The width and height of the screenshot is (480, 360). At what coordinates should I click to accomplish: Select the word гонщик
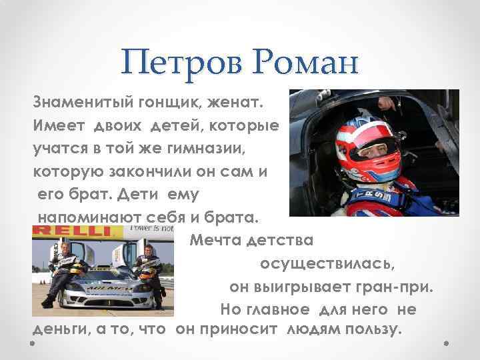(x=161, y=104)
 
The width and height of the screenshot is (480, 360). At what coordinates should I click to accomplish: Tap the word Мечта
(x=215, y=239)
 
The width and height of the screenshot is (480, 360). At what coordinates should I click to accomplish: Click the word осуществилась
(x=327, y=263)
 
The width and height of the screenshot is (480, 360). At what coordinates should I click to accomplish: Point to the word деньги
(x=63, y=330)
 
